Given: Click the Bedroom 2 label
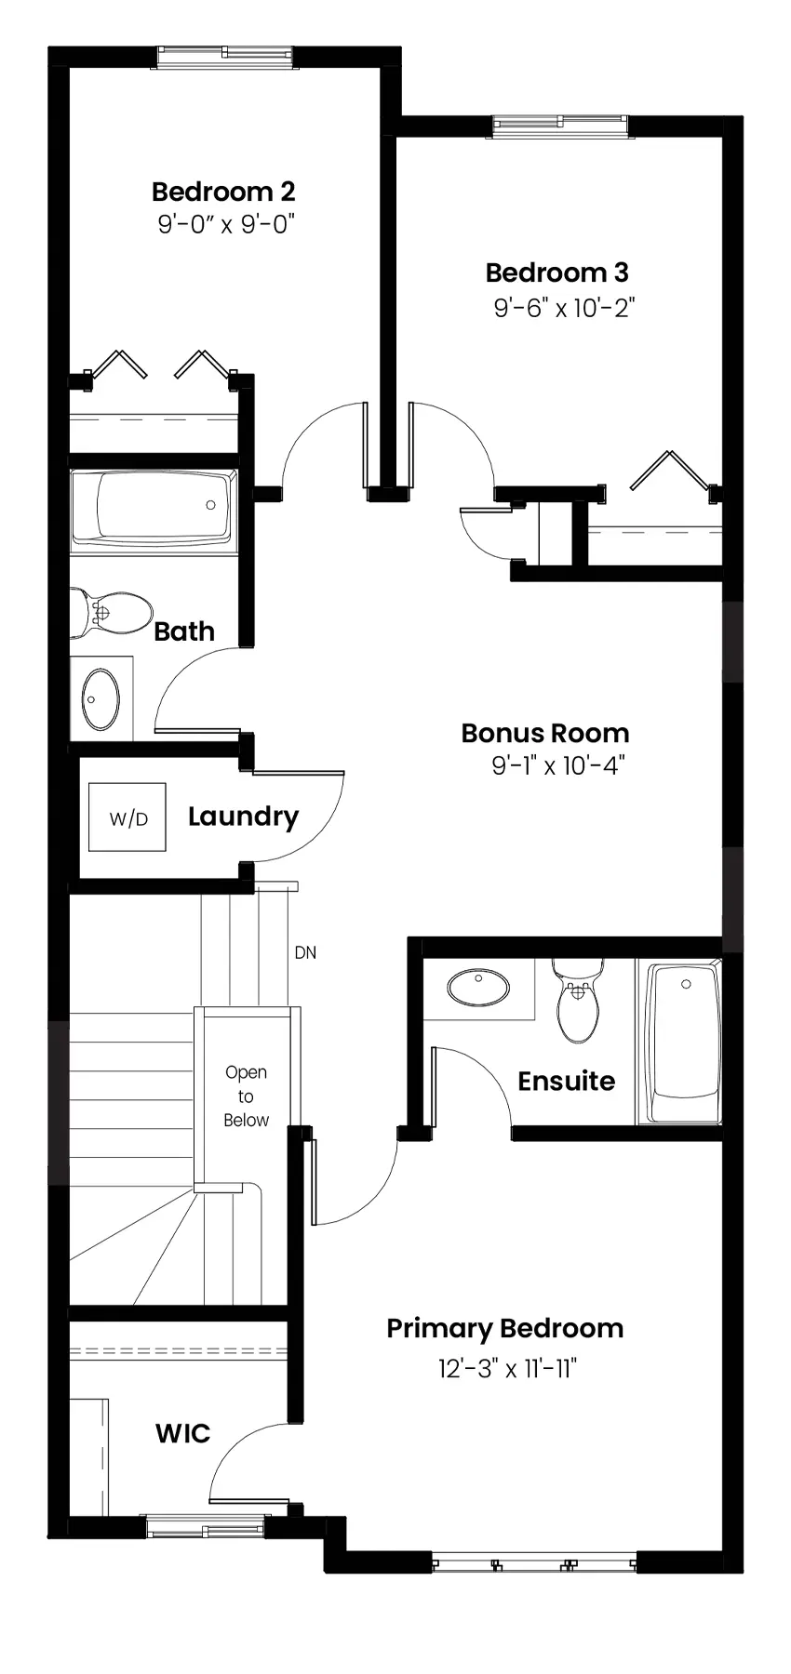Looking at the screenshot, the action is [x=223, y=192].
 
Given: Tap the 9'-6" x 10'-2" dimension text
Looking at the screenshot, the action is [x=564, y=308].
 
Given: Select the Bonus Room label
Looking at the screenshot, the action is [x=545, y=733].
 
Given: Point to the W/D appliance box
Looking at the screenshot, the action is [x=127, y=817].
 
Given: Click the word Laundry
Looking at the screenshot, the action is [x=244, y=817].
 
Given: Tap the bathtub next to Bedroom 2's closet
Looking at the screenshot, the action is [x=154, y=507].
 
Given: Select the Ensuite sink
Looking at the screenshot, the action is [x=479, y=987].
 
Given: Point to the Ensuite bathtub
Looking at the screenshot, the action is [x=684, y=1042].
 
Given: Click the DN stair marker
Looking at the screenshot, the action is [x=305, y=952].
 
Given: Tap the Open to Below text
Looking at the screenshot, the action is [x=246, y=1096].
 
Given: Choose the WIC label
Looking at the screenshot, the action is [x=182, y=1433].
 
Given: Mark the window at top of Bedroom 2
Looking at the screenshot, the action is [x=224, y=56].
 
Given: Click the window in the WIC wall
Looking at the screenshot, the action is [x=207, y=1527].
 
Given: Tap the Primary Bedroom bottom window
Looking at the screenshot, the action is [x=534, y=1562].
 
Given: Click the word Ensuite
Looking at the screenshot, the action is [x=566, y=1081].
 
